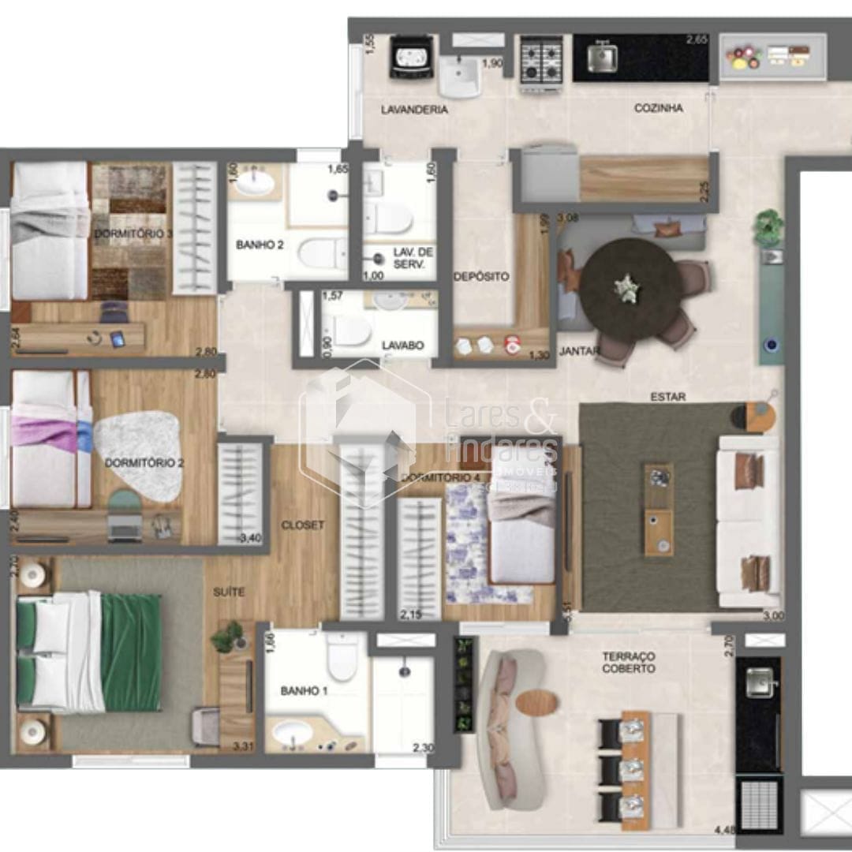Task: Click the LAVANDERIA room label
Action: (x=414, y=110)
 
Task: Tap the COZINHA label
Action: (x=658, y=108)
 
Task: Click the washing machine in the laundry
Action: (x=411, y=59)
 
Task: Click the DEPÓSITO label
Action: (x=481, y=277)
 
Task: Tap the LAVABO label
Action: (x=403, y=346)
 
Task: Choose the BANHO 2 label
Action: (x=260, y=245)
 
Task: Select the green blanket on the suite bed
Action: (x=131, y=652)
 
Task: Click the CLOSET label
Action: (x=302, y=525)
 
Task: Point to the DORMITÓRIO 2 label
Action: (x=144, y=463)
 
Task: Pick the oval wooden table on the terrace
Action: (x=536, y=702)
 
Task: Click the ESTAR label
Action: (x=668, y=397)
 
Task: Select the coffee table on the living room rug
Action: (x=658, y=509)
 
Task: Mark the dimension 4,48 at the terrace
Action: (x=724, y=829)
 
